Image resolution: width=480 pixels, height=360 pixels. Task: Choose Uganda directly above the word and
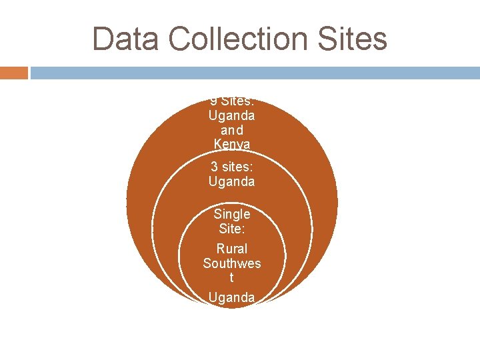click(x=231, y=115)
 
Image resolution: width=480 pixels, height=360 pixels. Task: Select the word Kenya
click(x=231, y=143)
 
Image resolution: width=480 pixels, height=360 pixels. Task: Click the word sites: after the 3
click(x=237, y=167)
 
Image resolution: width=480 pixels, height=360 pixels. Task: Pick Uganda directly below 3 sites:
click(x=231, y=181)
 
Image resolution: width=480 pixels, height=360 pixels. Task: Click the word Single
click(x=232, y=215)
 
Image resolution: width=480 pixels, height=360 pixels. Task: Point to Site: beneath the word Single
click(x=232, y=229)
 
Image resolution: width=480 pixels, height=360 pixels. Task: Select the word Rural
click(x=232, y=249)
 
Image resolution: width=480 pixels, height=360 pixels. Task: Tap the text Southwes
click(x=232, y=263)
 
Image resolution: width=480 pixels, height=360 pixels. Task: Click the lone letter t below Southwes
click(x=232, y=277)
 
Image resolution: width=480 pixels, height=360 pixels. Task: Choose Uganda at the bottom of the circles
click(x=231, y=297)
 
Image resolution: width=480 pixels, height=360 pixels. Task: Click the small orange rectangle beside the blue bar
click(x=13, y=72)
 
